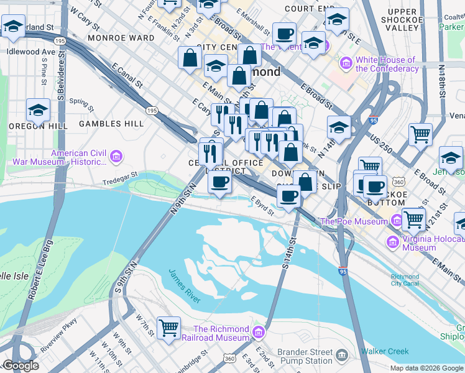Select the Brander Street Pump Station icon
[x=341, y=355]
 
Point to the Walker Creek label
[x=385, y=351]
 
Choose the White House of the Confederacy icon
[x=346, y=63]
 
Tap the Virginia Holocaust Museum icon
[x=392, y=242]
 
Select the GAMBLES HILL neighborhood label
[x=111, y=124]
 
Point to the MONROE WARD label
[x=121, y=38]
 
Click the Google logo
[x=21, y=366]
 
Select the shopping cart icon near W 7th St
[x=168, y=328]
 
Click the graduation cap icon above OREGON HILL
[x=38, y=110]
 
